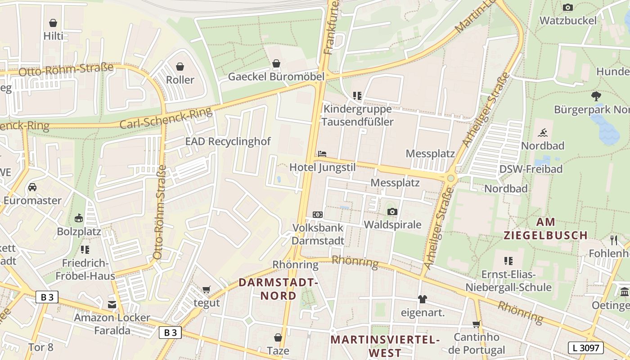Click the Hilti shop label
tap(53, 36)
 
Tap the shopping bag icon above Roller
tap(180, 67)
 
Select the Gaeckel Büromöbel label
tap(276, 76)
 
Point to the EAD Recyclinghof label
tap(228, 141)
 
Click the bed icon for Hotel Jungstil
tap(322, 154)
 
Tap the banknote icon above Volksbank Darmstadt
tap(318, 215)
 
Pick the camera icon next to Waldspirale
tap(392, 211)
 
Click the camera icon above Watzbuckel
tap(568, 7)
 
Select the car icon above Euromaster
tap(32, 187)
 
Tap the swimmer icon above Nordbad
tap(543, 133)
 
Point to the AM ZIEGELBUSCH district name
tap(545, 229)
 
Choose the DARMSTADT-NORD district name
tap(278, 289)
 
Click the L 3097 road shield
tap(585, 347)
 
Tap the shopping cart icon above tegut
tap(207, 290)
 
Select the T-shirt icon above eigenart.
tap(422, 299)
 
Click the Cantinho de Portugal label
tap(477, 343)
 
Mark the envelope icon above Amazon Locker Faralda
tap(112, 305)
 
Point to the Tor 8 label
tap(40, 347)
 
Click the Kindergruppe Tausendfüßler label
tap(358, 116)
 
